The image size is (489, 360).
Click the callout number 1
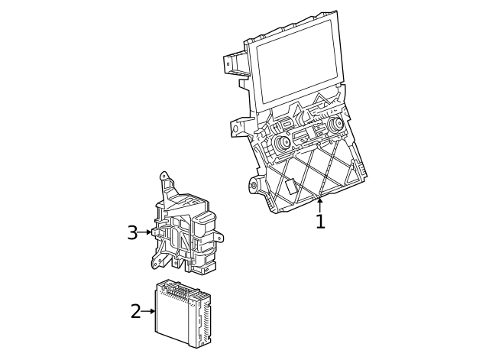pos(320,222)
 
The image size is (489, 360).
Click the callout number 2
pos(136,311)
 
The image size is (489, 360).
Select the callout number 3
pos(132,232)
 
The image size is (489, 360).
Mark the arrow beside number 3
pos(147,232)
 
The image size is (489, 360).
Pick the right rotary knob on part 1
pos(334,124)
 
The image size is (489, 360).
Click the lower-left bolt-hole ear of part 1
pos(254,184)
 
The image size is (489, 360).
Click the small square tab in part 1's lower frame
pos(291,186)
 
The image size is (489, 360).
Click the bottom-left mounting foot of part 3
pos(157,262)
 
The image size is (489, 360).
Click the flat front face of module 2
pos(176,317)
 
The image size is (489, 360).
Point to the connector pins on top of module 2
pos(182,290)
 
